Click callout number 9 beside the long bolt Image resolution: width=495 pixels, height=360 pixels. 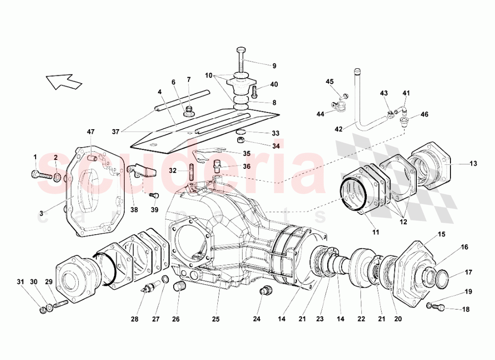pos(273,65)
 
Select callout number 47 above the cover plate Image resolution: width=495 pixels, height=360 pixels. pos(90,132)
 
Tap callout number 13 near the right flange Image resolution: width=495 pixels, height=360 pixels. pos(473,164)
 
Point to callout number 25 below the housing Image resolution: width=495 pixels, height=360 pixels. pos(216,319)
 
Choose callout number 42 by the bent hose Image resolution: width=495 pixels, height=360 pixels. pos(338,129)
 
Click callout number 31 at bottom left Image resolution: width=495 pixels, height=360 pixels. pos(20,282)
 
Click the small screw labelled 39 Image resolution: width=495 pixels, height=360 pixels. pos(154,197)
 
